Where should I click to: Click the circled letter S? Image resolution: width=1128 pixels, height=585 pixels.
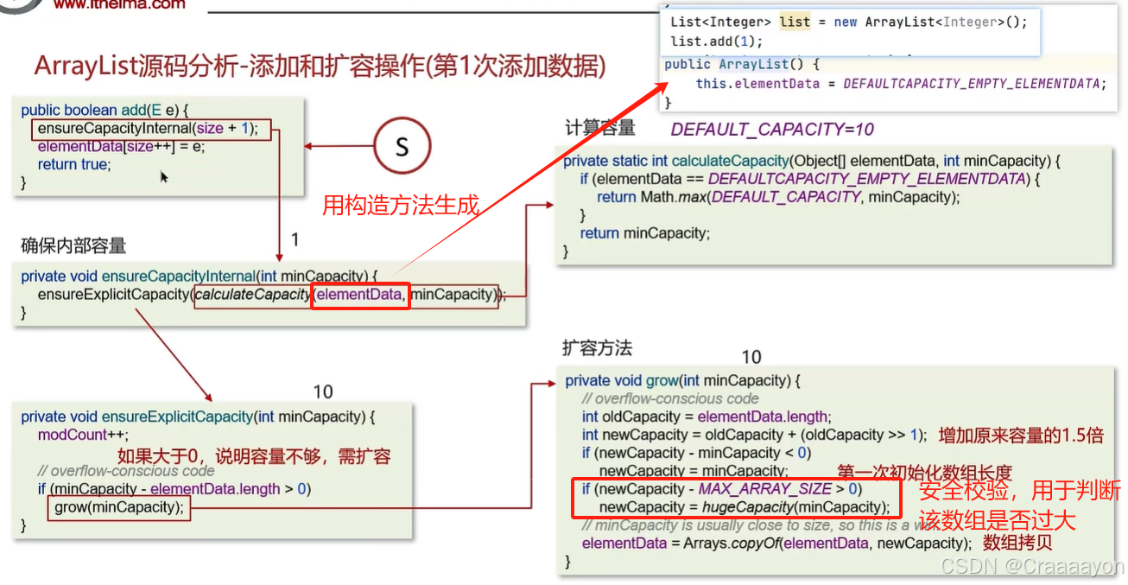402,147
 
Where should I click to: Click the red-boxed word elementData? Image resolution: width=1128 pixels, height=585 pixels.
359,295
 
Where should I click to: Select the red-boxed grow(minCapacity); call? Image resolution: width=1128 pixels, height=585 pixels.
119,507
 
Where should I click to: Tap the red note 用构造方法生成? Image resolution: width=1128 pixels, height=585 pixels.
400,206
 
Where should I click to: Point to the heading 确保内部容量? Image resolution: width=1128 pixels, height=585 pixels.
73,246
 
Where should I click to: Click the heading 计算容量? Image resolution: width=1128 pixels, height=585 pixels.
599,129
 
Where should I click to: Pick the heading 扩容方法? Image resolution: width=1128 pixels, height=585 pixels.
597,348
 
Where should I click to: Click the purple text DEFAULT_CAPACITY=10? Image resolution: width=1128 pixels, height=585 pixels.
772,130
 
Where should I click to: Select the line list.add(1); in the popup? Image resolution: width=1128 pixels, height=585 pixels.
717,41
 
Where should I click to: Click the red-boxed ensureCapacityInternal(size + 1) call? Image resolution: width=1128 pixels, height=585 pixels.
151,129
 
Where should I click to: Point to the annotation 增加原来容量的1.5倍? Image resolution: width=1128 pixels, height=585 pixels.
1021,436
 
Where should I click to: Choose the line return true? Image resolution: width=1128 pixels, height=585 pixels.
74,165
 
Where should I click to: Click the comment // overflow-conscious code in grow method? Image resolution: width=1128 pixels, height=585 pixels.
670,398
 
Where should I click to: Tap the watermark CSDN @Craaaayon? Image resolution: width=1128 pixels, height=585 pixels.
1032,567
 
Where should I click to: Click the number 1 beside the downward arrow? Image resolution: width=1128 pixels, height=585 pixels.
295,239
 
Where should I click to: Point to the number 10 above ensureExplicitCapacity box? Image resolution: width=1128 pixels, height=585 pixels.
322,392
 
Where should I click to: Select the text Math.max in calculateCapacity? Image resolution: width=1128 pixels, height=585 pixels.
672,197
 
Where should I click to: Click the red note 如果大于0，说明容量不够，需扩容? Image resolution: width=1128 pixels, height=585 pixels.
254,456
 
